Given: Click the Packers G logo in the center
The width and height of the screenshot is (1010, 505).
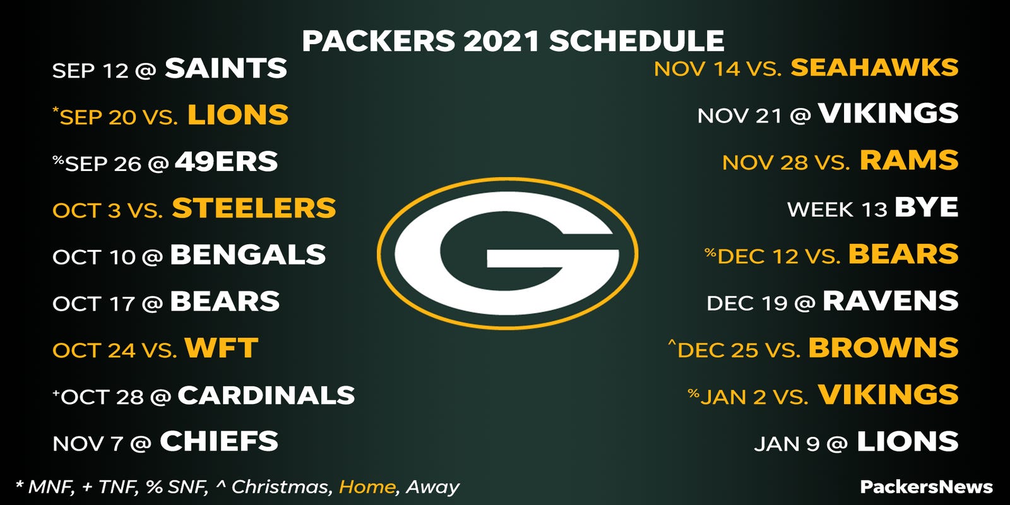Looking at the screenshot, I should [x=507, y=253].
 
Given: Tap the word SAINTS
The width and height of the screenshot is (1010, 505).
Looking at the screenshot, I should [x=226, y=68].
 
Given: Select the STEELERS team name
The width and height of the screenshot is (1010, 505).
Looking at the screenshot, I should [x=254, y=208].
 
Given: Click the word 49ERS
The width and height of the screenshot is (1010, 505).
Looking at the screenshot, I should [x=226, y=162].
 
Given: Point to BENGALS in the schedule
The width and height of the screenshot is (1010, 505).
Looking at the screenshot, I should [x=247, y=255].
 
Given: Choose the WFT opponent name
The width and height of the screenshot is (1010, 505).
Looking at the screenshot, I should [x=221, y=348].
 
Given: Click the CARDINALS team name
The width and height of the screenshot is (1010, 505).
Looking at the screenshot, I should [x=266, y=395].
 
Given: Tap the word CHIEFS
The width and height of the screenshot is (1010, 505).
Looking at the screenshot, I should [x=218, y=442].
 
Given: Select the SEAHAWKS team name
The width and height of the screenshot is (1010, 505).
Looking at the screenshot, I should [x=874, y=68].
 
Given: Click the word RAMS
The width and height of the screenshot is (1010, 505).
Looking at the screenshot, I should [x=909, y=161].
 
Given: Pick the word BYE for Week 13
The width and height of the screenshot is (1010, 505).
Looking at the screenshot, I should [x=926, y=208].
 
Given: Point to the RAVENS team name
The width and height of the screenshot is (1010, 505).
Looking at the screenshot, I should [x=891, y=301].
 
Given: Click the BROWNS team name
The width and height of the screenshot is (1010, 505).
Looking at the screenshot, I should [x=883, y=348].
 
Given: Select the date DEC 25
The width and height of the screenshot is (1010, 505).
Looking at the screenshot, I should [x=718, y=350].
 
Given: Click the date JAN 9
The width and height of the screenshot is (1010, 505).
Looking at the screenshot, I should [x=787, y=444].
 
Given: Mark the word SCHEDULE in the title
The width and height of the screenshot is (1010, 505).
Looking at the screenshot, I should [x=636, y=42].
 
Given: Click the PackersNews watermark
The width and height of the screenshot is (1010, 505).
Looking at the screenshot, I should [x=926, y=487].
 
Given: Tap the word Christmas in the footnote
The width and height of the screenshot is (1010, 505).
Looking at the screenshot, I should [x=280, y=487].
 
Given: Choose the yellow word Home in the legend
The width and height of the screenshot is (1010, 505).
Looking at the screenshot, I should [x=367, y=487].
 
